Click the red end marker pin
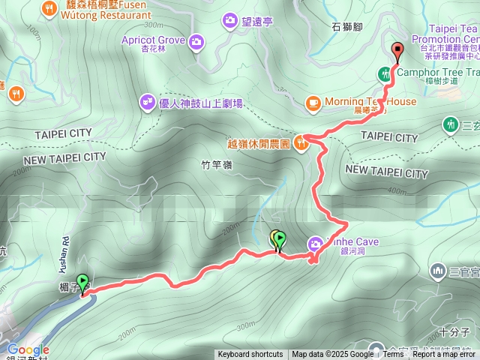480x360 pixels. pos(397,51)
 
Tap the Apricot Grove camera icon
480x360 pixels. pos(196,41)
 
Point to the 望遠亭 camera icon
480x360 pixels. pos(230,22)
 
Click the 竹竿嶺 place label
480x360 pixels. pos(217,166)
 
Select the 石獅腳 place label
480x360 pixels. pos(347,28)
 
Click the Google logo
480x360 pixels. pos(28,349)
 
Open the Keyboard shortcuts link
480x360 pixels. pos(250,355)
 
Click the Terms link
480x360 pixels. pos(393,355)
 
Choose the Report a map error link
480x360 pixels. pos(445,355)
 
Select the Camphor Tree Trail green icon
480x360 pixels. pos(385,73)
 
